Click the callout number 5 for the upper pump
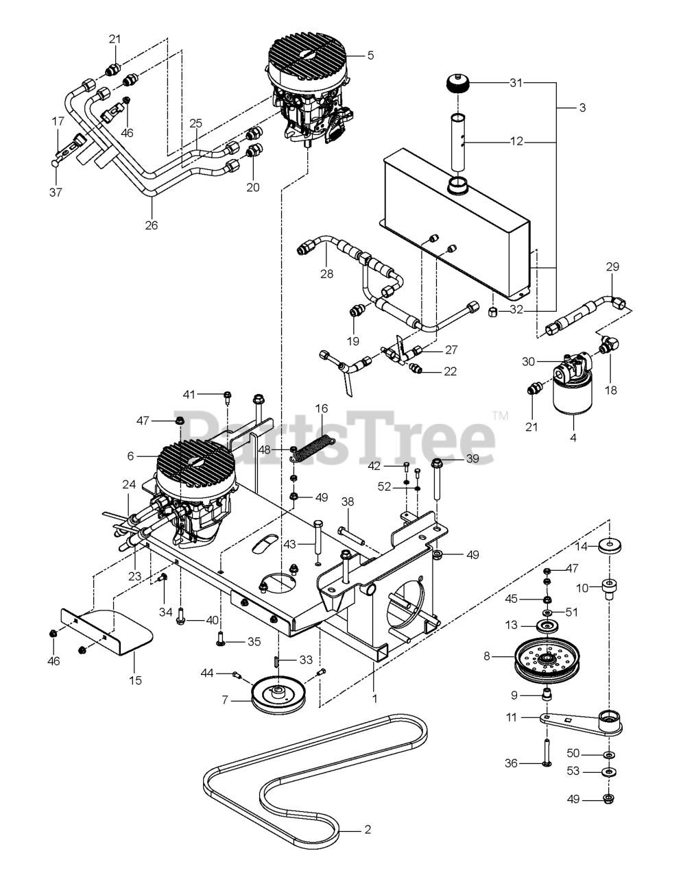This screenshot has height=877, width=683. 370,55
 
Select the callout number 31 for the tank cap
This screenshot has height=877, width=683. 516,83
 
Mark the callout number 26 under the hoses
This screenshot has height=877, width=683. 152,224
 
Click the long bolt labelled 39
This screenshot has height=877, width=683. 438,480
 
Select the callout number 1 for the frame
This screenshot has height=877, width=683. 374,679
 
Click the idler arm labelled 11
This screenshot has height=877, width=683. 583,724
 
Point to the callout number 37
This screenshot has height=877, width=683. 56,193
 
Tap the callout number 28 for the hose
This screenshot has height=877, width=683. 326,274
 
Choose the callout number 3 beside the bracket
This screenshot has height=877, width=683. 582,108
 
